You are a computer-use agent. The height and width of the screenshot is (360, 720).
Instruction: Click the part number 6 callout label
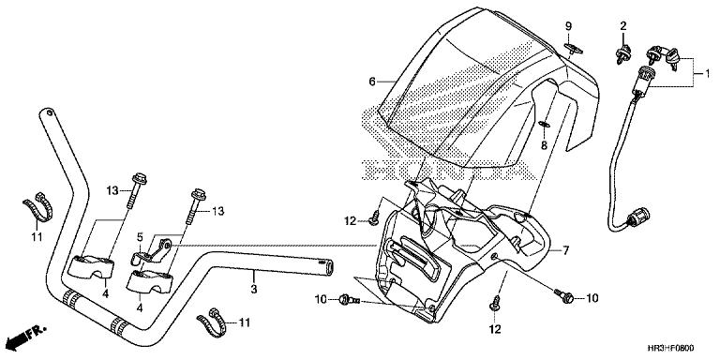(372, 82)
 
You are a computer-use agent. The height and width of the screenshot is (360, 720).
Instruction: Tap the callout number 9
(568, 26)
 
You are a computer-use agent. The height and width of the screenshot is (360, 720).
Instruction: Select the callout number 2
(623, 26)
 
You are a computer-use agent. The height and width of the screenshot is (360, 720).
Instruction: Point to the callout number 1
(708, 72)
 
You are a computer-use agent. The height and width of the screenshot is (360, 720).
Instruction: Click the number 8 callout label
(544, 145)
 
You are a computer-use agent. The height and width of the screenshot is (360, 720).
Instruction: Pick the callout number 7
(566, 250)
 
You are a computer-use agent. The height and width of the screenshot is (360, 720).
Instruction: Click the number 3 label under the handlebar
(254, 290)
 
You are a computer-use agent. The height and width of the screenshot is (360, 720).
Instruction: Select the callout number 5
(140, 237)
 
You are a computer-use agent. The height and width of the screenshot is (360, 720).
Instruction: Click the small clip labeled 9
(573, 48)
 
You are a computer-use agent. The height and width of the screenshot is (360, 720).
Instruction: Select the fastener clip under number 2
(622, 54)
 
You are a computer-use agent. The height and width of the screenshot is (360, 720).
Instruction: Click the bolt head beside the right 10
(566, 297)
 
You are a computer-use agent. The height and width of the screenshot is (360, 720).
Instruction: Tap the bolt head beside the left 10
(342, 300)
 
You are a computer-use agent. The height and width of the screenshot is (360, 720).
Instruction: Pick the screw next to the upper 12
(373, 220)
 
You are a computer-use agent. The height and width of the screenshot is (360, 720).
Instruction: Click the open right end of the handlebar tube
(328, 267)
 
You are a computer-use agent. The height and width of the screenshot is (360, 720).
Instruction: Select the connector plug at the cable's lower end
(638, 217)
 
